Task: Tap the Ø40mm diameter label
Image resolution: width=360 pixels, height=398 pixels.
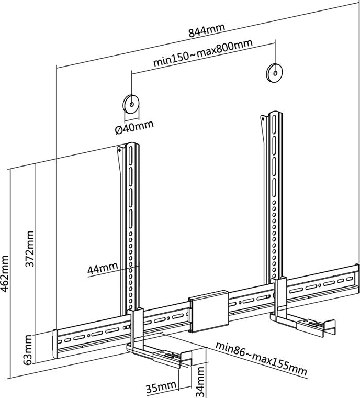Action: pyautogui.click(x=134, y=126)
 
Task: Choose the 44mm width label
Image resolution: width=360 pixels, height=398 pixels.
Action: pyautogui.click(x=102, y=269)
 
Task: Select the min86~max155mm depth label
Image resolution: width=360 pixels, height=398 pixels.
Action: pyautogui.click(x=261, y=357)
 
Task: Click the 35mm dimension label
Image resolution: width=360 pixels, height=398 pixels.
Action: pyautogui.click(x=161, y=388)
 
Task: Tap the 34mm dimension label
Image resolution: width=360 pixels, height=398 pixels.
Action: pyautogui.click(x=200, y=380)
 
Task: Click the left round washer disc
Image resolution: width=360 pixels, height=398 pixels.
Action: pyautogui.click(x=130, y=103)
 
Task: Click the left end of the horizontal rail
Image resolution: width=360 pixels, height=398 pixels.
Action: pyautogui.click(x=57, y=343)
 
